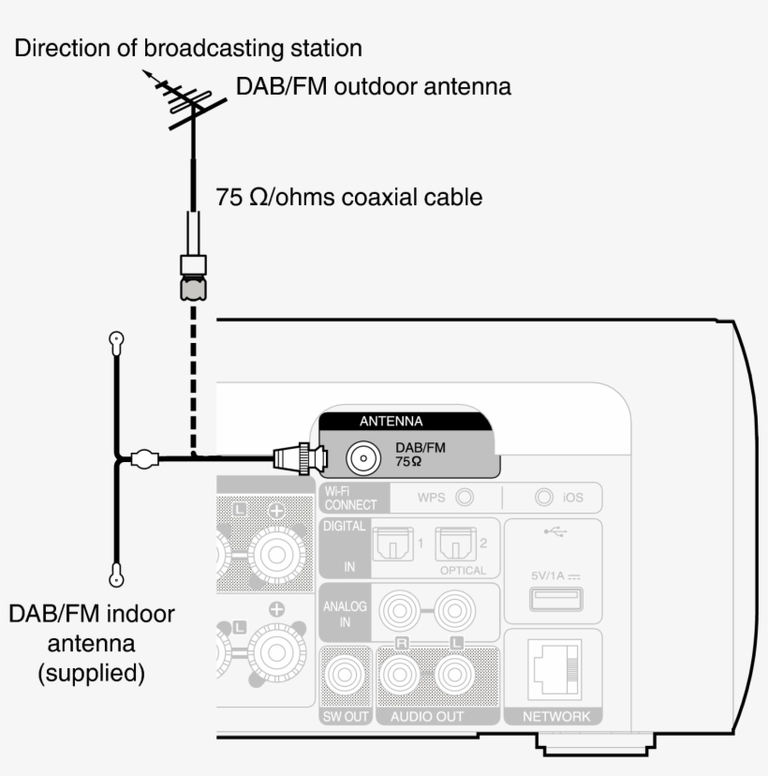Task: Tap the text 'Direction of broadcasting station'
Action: (x=187, y=48)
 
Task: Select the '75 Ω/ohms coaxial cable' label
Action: (x=349, y=198)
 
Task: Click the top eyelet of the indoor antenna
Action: (x=116, y=343)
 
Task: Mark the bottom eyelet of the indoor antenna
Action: (x=116, y=574)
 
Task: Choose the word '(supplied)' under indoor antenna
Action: (x=91, y=673)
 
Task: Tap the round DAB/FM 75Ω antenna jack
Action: (x=362, y=457)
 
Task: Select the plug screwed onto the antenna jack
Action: (x=301, y=458)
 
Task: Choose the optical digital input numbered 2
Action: (x=456, y=544)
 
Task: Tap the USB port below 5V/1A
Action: (x=554, y=599)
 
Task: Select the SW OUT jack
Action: (x=346, y=675)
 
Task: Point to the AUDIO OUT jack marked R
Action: (x=402, y=675)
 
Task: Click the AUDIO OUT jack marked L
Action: (x=456, y=675)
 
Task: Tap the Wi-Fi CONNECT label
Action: (x=349, y=498)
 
